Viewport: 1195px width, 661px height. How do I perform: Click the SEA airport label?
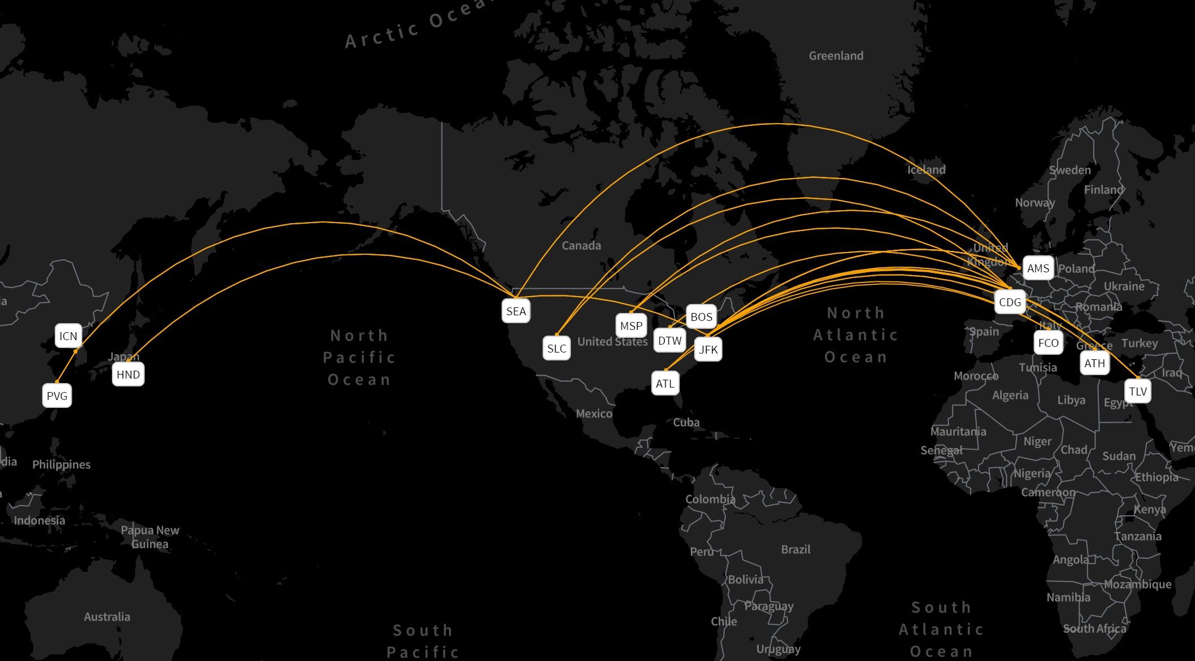pos(516,311)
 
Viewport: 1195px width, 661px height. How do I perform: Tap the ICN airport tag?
pos(68,336)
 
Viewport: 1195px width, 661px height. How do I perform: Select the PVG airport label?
pos(57,396)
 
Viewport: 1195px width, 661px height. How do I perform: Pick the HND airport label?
pos(128,375)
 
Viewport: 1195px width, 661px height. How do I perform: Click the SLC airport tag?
pos(557,349)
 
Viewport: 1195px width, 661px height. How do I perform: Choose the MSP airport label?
pos(631,326)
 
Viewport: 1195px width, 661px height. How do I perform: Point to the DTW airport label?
pos(670,341)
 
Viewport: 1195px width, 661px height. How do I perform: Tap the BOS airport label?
pos(702,317)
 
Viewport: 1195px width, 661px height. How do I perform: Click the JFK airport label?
pos(708,350)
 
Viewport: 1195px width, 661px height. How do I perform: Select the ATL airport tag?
pos(665,384)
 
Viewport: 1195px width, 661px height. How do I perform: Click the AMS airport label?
pos(1038,268)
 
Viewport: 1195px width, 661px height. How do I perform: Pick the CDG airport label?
pos(1010,302)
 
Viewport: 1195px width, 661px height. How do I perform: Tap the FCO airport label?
pos(1049,343)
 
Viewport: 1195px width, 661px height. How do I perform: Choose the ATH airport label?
pos(1095,363)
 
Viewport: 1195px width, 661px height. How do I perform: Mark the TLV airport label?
pos(1138,392)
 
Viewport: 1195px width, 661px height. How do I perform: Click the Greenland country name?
pos(836,56)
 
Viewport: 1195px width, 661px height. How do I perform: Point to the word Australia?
pos(107,617)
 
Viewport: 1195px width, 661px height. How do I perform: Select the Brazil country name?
pos(795,550)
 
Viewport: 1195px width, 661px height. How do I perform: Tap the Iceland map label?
pos(926,169)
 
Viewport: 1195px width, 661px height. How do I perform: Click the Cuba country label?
pos(686,423)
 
